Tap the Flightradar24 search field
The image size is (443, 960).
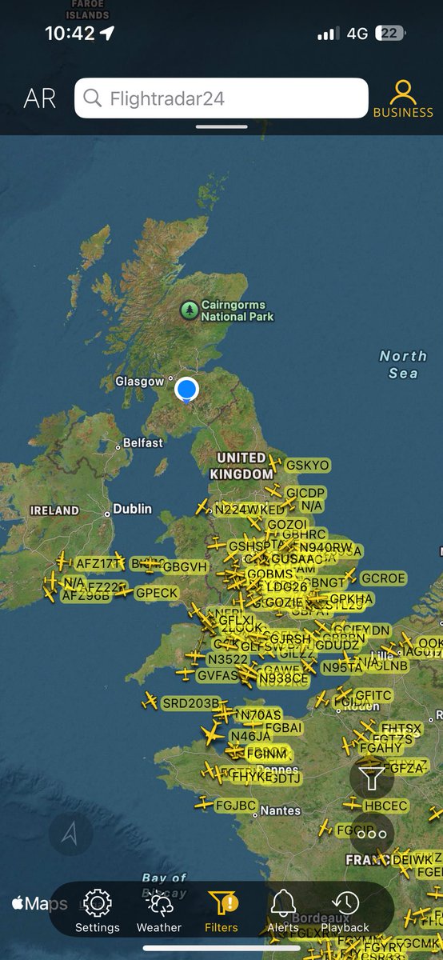click(x=221, y=98)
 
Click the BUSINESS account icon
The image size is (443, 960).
click(x=403, y=94)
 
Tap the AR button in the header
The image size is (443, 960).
click(x=40, y=98)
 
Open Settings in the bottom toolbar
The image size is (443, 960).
click(x=98, y=910)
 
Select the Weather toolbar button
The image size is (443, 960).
click(x=159, y=910)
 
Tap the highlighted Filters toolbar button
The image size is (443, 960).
click(x=221, y=910)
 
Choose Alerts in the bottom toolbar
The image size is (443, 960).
click(x=283, y=910)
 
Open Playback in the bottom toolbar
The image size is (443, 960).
click(x=345, y=910)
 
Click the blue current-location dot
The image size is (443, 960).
click(x=186, y=389)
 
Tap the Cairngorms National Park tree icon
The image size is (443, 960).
click(x=190, y=310)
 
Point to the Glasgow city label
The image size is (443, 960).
click(x=139, y=382)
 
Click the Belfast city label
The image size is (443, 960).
click(x=143, y=442)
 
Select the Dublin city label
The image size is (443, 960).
click(x=132, y=509)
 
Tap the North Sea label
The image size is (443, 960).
click(x=403, y=364)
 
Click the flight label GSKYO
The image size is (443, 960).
click(x=307, y=465)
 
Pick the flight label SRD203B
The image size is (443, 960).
click(x=190, y=703)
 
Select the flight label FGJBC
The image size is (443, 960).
click(x=235, y=805)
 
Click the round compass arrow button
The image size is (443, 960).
click(x=70, y=834)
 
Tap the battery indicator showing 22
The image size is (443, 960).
click(x=389, y=34)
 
